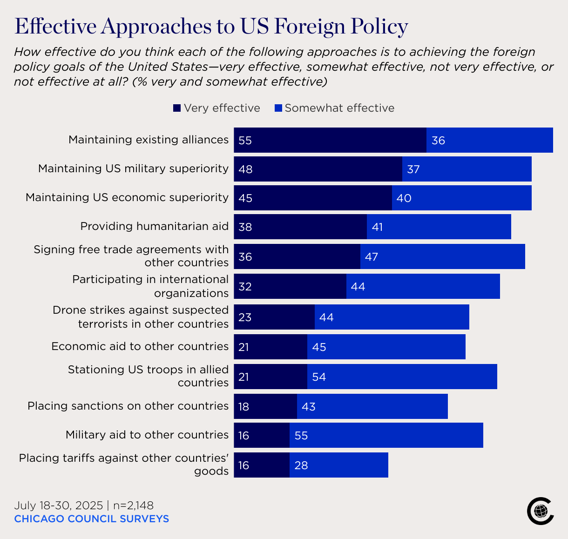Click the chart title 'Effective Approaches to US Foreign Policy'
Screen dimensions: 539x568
coord(211,27)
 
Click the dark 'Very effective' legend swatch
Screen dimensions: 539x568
coord(177,108)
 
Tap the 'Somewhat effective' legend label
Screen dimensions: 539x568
coord(339,108)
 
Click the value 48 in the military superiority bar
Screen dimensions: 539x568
coord(245,169)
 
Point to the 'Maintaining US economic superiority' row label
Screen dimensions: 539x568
coord(127,197)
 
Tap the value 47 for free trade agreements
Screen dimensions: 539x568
coord(372,256)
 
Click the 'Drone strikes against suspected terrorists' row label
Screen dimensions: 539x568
coord(141,317)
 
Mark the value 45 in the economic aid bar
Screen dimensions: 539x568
coord(319,347)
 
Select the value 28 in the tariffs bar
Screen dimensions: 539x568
coord(301,465)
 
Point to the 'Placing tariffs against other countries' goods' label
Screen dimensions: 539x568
coord(124,464)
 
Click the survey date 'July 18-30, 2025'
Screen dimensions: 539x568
coord(58,505)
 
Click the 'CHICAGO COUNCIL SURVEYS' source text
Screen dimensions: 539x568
coord(91,519)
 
